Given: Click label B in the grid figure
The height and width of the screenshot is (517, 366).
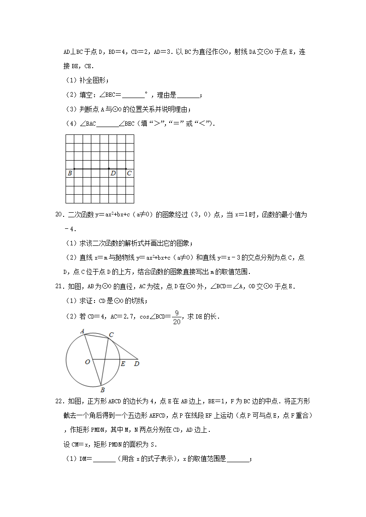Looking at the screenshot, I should (70, 174).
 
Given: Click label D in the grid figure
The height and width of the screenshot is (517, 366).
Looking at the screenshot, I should (113, 174).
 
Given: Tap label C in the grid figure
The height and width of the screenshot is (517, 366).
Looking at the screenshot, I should (129, 174).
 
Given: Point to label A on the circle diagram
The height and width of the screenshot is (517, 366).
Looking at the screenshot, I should (82, 331).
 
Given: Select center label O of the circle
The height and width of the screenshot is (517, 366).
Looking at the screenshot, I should (87, 362).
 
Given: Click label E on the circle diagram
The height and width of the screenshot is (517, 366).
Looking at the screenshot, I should (123, 364).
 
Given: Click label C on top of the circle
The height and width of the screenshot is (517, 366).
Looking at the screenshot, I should (111, 335).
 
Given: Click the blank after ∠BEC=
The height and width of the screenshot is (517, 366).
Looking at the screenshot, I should (134, 95).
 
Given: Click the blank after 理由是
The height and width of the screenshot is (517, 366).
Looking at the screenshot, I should (189, 95).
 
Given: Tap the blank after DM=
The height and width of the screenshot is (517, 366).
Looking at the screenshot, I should (104, 459).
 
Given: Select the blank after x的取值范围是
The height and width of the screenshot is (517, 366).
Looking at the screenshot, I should (238, 459).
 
